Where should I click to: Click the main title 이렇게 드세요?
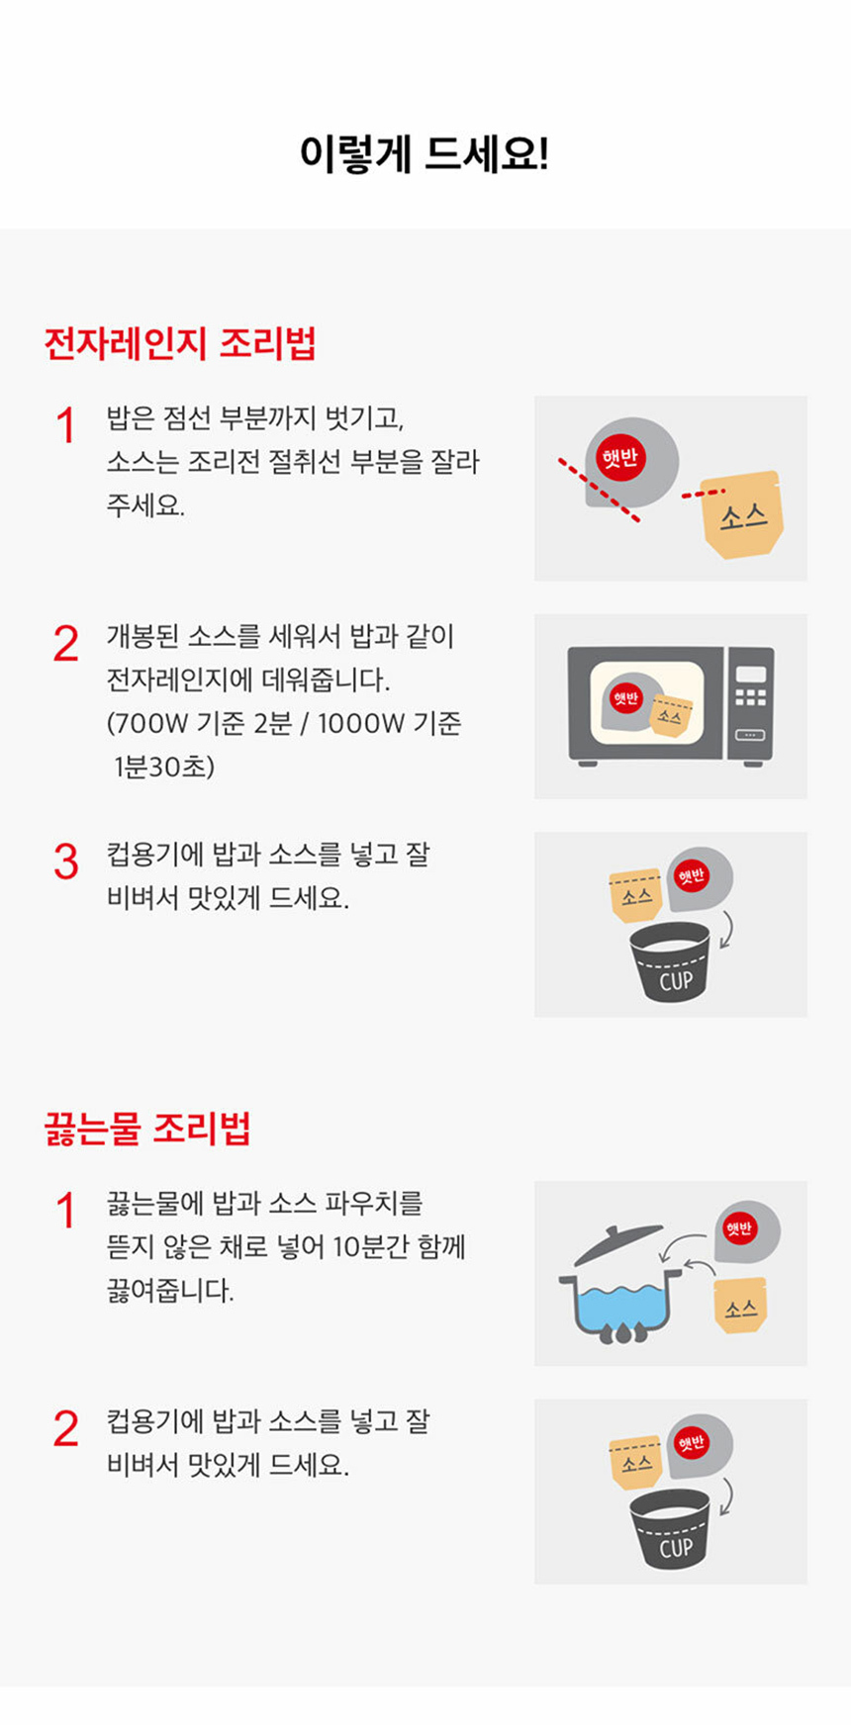pos(425,154)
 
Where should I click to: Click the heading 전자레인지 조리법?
pos(180,343)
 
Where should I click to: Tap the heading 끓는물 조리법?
pos(147,1128)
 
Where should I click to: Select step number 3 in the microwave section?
pos(66,862)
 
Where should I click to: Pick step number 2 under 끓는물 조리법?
pos(66,1428)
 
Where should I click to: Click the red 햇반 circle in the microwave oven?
pos(626,698)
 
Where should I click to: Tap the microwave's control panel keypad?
pos(751,697)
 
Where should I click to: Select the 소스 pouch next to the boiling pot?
pos(741,1306)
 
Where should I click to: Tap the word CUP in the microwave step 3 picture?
pos(676,981)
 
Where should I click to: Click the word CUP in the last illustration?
pos(676,1548)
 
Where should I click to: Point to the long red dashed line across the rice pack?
pos(599,489)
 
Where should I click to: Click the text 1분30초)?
pos(164,767)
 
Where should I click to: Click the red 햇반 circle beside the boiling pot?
pos(739,1228)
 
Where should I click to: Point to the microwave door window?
pos(647,703)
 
